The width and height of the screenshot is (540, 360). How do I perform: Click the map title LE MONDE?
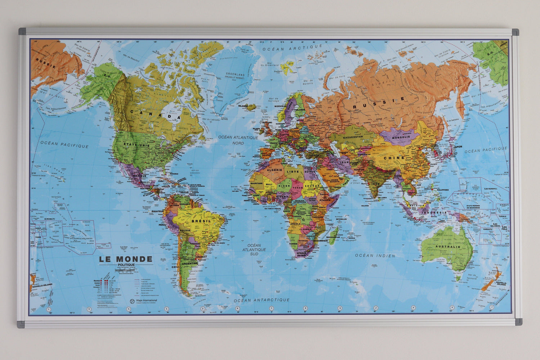(x=126, y=259)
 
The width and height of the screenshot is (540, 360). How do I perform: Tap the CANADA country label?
(x=155, y=114)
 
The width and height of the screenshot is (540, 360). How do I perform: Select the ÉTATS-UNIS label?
(x=136, y=145)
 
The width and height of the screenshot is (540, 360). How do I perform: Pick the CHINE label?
(x=394, y=158)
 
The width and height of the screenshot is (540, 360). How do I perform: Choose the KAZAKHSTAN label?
(x=353, y=138)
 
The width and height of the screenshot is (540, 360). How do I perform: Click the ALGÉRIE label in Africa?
(x=275, y=170)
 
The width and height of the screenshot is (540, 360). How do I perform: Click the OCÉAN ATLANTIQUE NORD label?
(x=238, y=140)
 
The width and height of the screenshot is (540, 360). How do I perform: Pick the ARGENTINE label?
(x=189, y=264)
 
